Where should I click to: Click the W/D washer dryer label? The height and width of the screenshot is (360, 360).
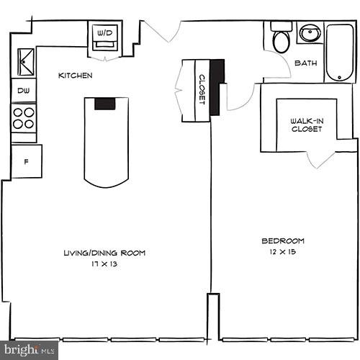tap(105, 32)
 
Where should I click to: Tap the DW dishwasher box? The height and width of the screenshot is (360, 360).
tap(23, 91)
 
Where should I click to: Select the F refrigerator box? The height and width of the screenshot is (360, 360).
tap(26, 161)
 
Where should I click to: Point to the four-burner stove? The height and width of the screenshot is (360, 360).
tap(24, 117)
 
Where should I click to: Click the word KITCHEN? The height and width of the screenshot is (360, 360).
tap(75, 75)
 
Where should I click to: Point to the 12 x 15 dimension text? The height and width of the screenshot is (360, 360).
tap(282, 252)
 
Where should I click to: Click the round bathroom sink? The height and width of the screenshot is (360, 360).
tap(310, 33)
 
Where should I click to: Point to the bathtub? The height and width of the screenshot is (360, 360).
tap(339, 53)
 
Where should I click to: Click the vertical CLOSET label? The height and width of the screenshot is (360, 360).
tap(202, 89)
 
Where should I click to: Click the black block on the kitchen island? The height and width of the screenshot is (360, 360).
tap(105, 103)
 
